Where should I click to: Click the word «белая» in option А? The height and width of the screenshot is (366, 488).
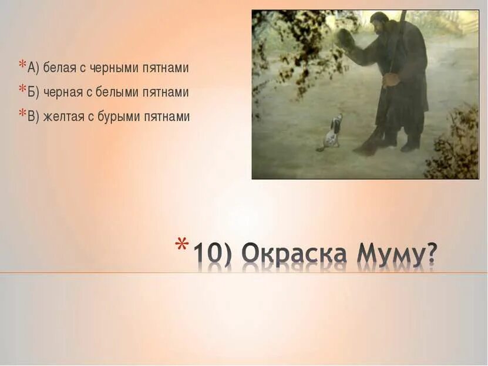(59, 68)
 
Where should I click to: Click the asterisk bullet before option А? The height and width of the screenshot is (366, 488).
(22, 65)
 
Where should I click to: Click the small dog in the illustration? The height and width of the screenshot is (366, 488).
(332, 132)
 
